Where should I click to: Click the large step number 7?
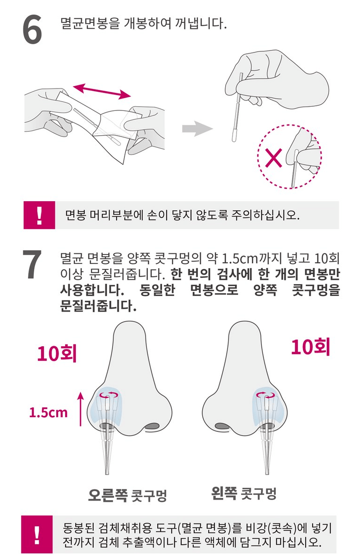(32, 264)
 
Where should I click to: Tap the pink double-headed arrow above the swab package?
(102, 91)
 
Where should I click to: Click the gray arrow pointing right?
(198, 129)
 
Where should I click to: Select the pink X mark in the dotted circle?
(274, 158)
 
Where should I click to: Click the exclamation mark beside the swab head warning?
(39, 215)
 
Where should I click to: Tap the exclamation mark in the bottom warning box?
(37, 534)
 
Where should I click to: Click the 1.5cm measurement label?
(48, 413)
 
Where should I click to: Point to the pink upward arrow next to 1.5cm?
(81, 409)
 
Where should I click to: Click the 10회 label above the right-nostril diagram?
(57, 353)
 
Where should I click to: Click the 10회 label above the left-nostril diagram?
(310, 347)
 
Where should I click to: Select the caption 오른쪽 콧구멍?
(128, 495)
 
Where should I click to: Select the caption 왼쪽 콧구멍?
(244, 493)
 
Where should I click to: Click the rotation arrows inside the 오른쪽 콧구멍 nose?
(110, 395)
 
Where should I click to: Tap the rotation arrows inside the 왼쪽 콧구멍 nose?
(266, 395)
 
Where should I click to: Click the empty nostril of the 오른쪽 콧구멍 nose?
(152, 426)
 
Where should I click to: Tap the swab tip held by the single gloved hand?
(234, 135)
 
